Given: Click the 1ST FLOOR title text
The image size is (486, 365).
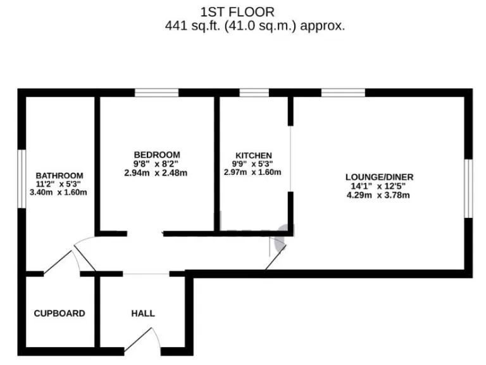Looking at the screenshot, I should pos(237,11).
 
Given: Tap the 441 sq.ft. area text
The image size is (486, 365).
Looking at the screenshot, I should pos(254,26).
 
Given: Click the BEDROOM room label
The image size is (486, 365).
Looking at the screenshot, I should pos(156,155).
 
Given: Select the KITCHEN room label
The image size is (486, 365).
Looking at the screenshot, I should pos(253,155).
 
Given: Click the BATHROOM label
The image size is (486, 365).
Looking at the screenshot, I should pos(59,176).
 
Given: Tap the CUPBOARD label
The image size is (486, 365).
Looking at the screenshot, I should pos(59,313).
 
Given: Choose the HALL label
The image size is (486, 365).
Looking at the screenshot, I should pos(143,313).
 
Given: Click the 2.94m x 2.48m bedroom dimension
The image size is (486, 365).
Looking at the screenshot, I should pos(156,172).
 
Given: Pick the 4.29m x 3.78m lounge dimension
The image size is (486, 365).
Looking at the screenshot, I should pos(378,195).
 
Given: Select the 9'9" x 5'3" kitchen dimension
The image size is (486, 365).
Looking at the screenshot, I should pos(253,163).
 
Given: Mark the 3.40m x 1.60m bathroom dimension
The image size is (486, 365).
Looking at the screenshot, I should pos(59,193).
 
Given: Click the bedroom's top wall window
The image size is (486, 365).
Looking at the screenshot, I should pos(156,93).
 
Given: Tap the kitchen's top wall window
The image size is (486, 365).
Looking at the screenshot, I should pos(254,93).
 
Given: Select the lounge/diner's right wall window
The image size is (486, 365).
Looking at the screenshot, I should pos(468,188).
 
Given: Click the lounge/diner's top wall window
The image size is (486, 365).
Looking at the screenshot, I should pos(343,93).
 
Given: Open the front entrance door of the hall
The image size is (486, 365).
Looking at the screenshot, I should pos(143,339).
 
